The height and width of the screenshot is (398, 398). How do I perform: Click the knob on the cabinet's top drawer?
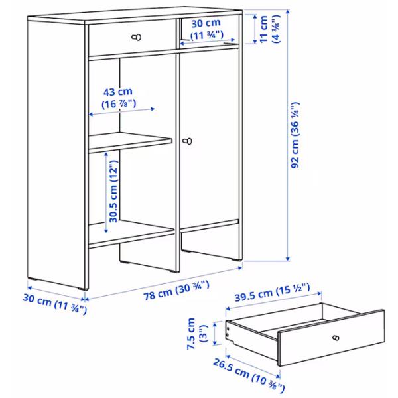pos(138,37)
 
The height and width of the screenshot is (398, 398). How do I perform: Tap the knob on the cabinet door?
pos(188,141)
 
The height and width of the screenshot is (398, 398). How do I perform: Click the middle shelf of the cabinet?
pos(129,141)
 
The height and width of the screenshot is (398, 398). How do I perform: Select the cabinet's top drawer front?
pos(130,41)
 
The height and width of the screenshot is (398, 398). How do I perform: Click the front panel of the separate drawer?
pos(332,338)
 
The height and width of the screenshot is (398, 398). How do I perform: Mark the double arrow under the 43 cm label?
pos(121,112)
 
